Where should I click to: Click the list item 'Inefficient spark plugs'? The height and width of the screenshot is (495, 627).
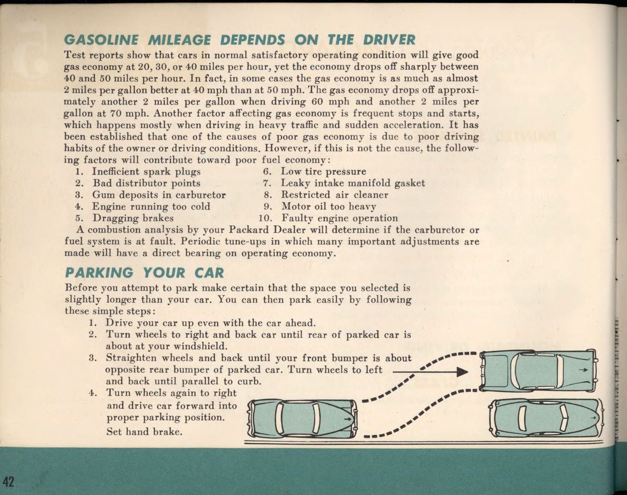[x=147, y=171]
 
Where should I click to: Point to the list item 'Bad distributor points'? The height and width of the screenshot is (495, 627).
[x=147, y=183]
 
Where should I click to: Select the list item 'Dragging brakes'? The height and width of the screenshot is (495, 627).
[x=133, y=218]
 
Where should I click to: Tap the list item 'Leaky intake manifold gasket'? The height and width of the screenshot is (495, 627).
[x=353, y=183]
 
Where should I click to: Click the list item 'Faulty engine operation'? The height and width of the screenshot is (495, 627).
[x=339, y=218]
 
